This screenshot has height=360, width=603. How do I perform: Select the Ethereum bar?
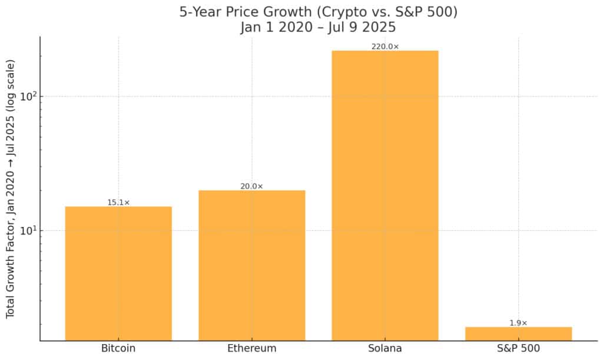pyautogui.click(x=251, y=265)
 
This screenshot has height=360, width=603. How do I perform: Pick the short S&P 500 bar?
pyautogui.click(x=518, y=333)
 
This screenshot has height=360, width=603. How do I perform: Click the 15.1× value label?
pyautogui.click(x=118, y=202)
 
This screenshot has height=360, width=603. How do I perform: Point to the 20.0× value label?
pyautogui.click(x=251, y=186)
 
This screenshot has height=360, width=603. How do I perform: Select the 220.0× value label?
pyautogui.click(x=385, y=47)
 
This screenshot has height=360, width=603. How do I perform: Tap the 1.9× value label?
pyautogui.click(x=518, y=323)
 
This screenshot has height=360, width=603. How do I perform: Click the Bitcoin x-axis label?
pyautogui.click(x=118, y=348)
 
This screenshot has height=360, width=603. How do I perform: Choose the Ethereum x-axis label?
pyautogui.click(x=251, y=348)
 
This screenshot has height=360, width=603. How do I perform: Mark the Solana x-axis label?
pyautogui.click(x=385, y=348)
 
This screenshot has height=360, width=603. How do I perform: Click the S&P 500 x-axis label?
pyautogui.click(x=518, y=348)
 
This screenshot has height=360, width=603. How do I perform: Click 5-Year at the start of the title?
pyautogui.click(x=198, y=12)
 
